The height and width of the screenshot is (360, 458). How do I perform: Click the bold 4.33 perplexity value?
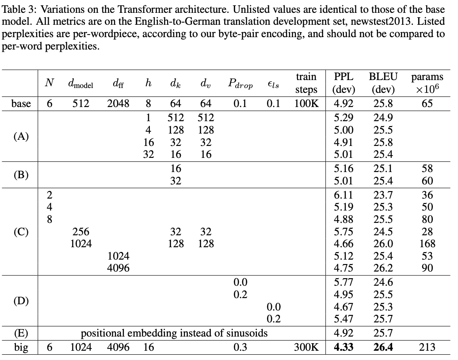pyautogui.click(x=343, y=347)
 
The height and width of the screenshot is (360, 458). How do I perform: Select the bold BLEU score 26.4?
pyautogui.click(x=383, y=347)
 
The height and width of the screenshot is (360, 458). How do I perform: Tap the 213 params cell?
pyautogui.click(x=427, y=347)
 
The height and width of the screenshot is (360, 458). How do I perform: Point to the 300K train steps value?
pyautogui.click(x=306, y=347)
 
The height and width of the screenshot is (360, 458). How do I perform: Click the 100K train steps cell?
pyautogui.click(x=306, y=103)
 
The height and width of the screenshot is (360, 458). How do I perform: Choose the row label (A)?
pyautogui.click(x=21, y=136)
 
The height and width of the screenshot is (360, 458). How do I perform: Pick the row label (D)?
pyautogui.click(x=21, y=301)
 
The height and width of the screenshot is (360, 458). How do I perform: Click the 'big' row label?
pyautogui.click(x=21, y=347)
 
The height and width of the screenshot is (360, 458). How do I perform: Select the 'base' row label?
pyautogui.click(x=21, y=103)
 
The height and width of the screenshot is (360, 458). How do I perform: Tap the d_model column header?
pyautogui.click(x=80, y=84)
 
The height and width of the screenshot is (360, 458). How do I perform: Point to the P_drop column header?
pyautogui.click(x=240, y=84)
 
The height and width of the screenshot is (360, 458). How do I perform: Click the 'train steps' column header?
pyautogui.click(x=306, y=83)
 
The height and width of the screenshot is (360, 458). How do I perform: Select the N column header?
pyautogui.click(x=50, y=83)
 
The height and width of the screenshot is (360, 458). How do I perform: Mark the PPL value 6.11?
pyautogui.click(x=343, y=195)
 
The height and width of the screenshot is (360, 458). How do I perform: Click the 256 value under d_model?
pyautogui.click(x=81, y=231)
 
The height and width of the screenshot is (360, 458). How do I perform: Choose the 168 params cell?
pyautogui.click(x=427, y=243)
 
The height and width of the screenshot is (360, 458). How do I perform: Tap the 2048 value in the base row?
pyautogui.click(x=118, y=103)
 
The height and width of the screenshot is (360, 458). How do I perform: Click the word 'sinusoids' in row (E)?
pyautogui.click(x=247, y=333)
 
